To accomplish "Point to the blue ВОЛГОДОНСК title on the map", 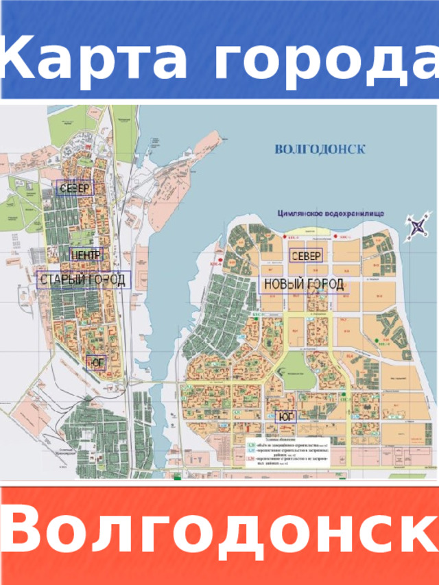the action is tap(320, 148).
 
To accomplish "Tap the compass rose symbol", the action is tap(418, 227).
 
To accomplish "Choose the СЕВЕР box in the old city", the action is tap(75, 188).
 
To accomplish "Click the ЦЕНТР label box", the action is tap(86, 254).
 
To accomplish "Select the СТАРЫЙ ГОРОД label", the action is tap(83, 280).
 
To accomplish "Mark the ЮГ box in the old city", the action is tap(97, 361).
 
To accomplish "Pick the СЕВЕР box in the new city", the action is tap(306, 256).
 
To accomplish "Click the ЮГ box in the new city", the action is tap(285, 416).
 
